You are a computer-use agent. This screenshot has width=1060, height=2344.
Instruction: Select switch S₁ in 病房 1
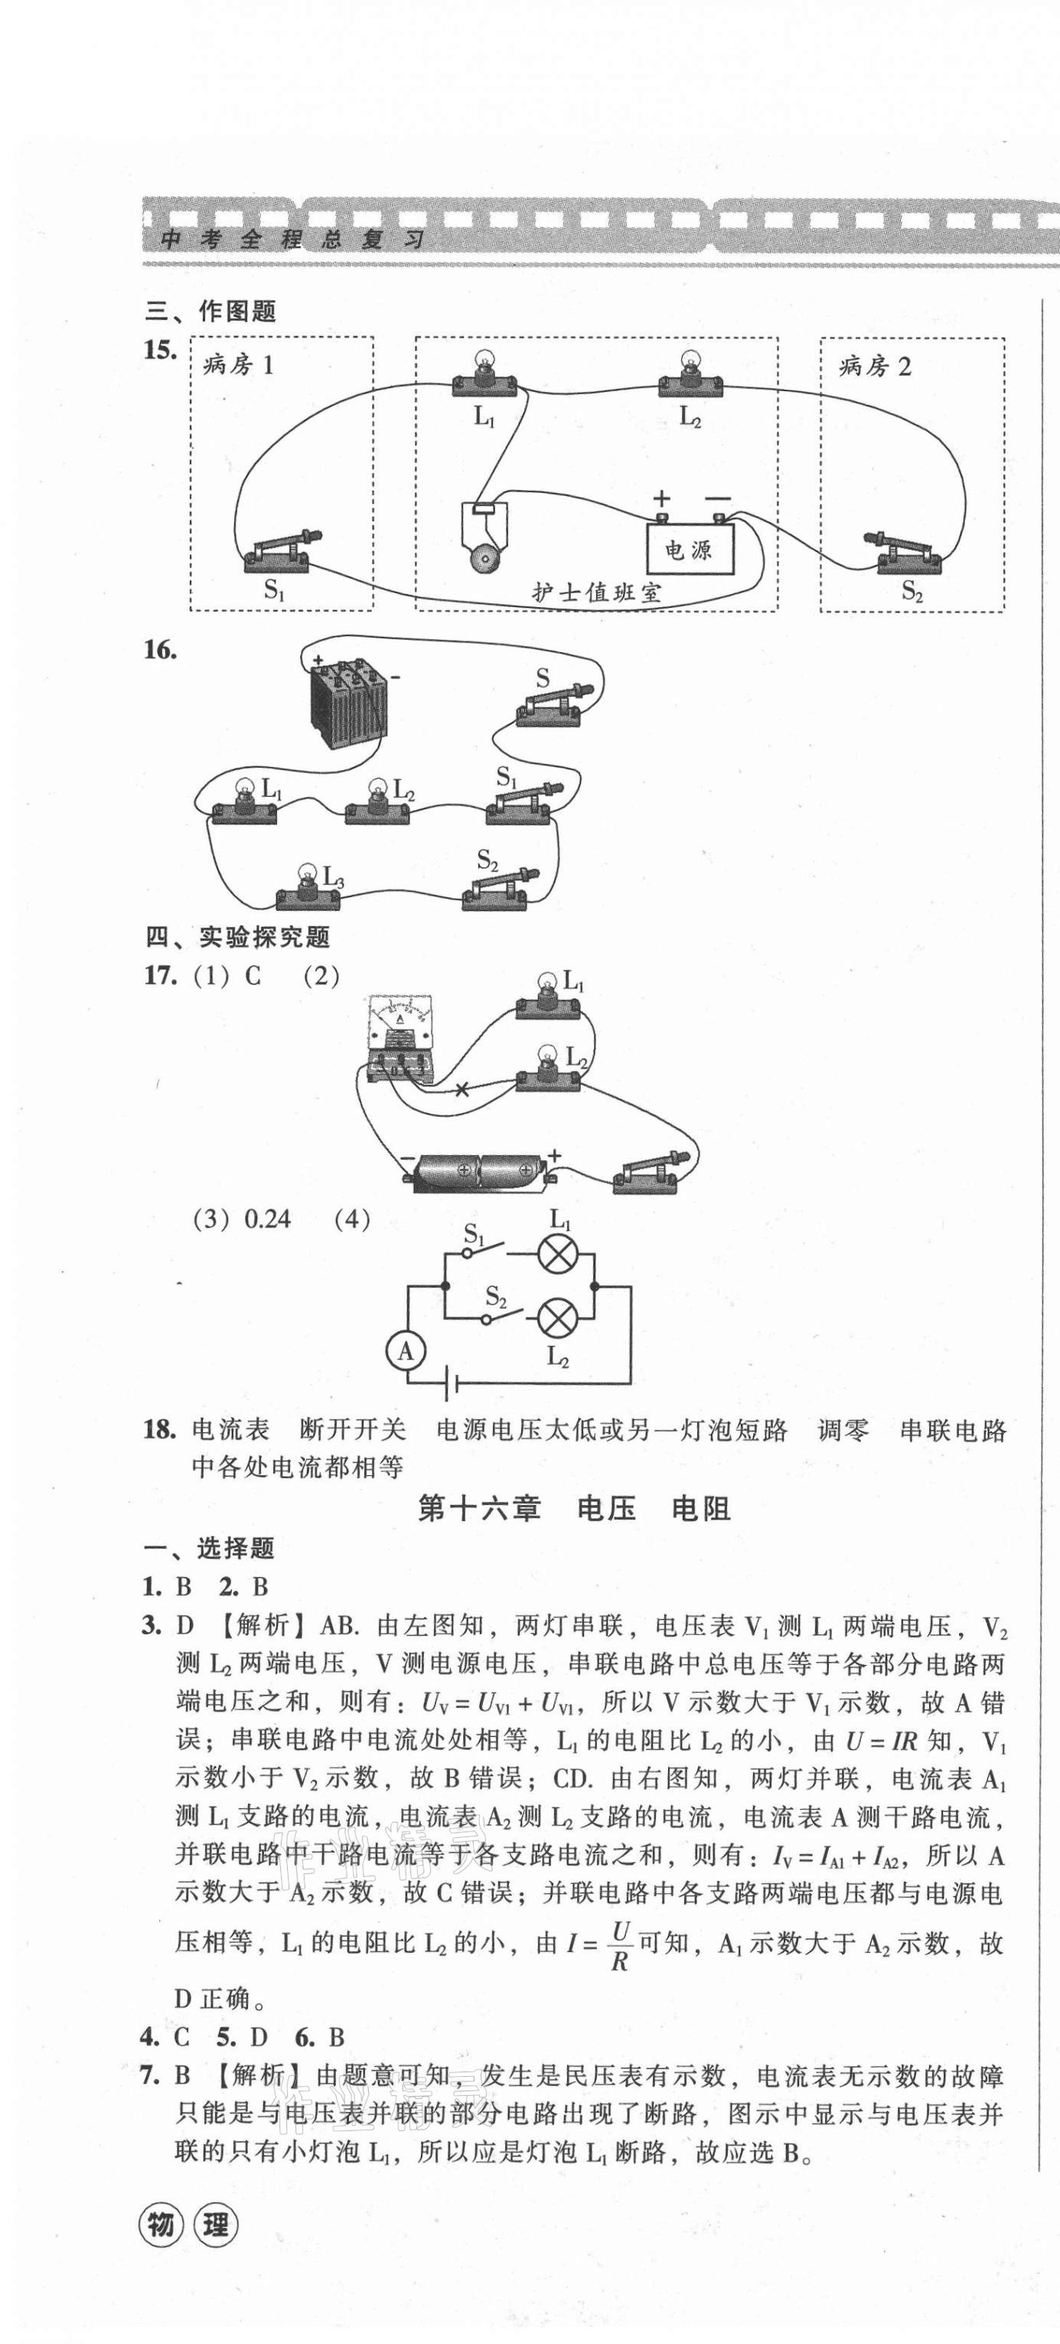click(279, 553)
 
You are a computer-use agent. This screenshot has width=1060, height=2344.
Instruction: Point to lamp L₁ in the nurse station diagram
click(485, 377)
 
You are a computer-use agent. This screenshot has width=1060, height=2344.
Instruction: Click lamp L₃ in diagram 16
click(308, 890)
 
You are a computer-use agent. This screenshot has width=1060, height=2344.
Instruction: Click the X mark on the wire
click(462, 1089)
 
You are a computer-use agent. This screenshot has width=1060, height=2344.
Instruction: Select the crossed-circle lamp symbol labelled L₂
click(555, 1317)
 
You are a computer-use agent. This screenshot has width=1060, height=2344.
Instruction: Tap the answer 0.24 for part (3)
click(268, 1219)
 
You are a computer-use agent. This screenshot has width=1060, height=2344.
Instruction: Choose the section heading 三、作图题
click(210, 312)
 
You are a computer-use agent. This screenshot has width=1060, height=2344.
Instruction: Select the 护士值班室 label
click(596, 593)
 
